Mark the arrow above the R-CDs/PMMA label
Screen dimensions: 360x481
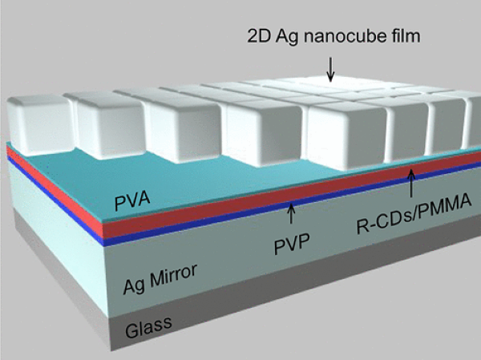(x=410, y=183)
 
